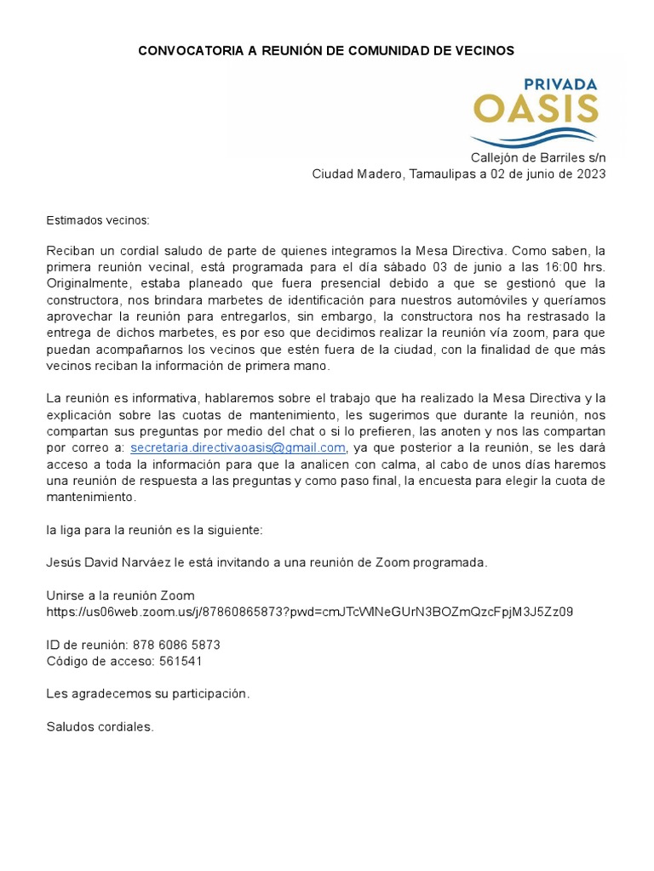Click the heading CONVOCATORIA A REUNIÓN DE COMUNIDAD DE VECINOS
(326, 51)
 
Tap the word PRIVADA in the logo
(559, 85)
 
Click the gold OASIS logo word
(536, 110)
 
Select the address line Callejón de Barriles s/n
(538, 158)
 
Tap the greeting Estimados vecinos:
(97, 220)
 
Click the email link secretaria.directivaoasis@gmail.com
(238, 447)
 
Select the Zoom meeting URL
(309, 612)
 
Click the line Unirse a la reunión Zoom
(120, 595)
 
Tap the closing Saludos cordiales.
(100, 727)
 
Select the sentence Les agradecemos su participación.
(148, 694)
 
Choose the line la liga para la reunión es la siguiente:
(154, 530)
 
